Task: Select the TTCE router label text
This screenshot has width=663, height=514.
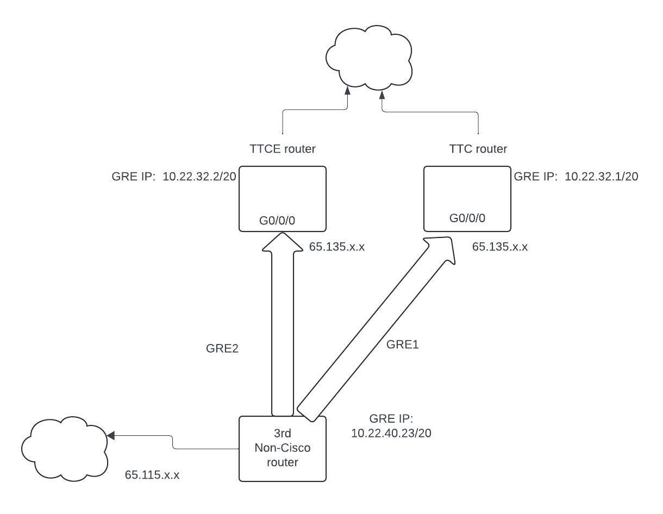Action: tap(283, 148)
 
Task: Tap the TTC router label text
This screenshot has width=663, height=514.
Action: tap(478, 148)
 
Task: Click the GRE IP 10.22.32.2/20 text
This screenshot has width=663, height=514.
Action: tap(172, 176)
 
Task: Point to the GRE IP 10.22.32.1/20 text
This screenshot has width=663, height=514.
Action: tap(576, 176)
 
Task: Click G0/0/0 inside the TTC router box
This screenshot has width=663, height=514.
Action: tap(467, 218)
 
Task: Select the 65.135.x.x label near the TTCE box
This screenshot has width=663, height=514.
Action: tap(337, 247)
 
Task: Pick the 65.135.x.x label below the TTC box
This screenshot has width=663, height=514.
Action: tap(500, 247)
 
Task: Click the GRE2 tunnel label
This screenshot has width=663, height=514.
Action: tap(222, 349)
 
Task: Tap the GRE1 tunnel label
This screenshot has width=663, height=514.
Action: tap(403, 344)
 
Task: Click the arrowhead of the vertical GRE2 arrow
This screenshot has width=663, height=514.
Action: tap(283, 242)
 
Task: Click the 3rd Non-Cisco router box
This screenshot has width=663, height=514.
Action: tap(283, 449)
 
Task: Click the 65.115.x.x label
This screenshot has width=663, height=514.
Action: tap(152, 474)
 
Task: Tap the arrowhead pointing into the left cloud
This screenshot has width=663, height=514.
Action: tap(111, 435)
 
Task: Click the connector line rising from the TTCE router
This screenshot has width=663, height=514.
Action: tap(283, 122)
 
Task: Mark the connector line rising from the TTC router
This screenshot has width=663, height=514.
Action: tap(478, 122)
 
